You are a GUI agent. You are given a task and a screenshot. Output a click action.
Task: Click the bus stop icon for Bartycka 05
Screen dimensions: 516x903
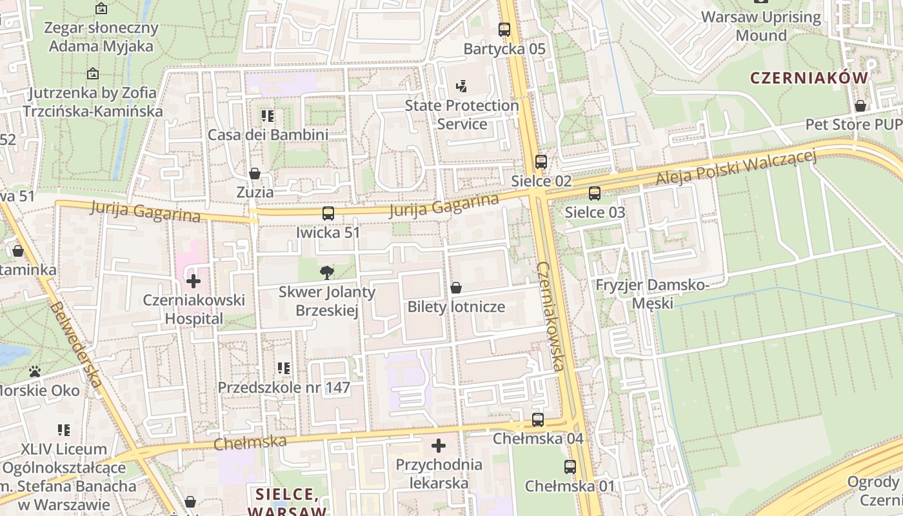504,29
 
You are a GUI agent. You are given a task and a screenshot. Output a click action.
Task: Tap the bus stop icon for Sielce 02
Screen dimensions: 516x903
541,162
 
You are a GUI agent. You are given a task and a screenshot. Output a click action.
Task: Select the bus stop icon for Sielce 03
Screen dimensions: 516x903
595,193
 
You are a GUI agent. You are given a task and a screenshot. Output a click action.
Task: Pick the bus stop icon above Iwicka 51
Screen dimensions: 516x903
328,213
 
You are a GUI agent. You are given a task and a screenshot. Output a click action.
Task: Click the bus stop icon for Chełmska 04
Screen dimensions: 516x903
538,420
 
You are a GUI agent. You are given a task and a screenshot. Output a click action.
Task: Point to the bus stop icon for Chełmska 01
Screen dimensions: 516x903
570,467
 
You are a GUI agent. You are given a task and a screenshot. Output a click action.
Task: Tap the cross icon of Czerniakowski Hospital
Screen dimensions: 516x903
193,281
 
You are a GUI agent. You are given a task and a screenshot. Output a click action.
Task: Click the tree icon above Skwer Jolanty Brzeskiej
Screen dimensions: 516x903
327,273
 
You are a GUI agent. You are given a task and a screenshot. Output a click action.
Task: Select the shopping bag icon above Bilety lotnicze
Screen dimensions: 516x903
456,288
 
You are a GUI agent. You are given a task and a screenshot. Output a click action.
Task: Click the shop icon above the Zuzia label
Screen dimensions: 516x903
255,174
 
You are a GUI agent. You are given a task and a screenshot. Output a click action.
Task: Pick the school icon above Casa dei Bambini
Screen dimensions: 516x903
268,116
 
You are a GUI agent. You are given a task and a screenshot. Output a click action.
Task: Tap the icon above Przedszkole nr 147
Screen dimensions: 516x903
284,368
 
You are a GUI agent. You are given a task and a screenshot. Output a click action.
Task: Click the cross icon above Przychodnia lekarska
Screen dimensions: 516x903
439,446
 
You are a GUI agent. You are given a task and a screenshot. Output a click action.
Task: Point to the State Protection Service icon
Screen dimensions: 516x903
461,86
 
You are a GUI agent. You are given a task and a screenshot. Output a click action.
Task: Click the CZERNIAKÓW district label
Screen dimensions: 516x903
809,78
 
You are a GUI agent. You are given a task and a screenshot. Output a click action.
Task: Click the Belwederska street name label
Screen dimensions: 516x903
76,344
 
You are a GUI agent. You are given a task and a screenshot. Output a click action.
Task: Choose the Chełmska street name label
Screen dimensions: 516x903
250,442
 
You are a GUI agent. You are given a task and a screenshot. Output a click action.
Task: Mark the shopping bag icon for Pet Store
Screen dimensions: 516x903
860,106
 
